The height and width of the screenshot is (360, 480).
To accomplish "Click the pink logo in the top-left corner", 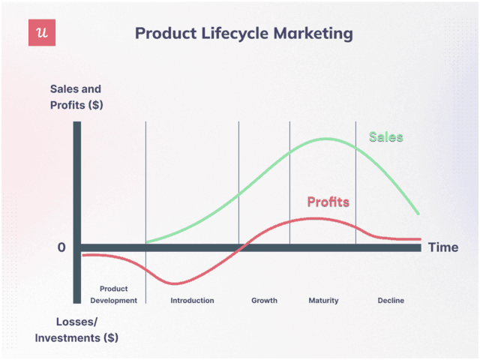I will pyautogui.click(x=43, y=33).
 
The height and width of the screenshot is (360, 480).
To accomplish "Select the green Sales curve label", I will pyautogui.click(x=385, y=137).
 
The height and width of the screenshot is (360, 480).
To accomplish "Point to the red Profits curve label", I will pyautogui.click(x=328, y=202).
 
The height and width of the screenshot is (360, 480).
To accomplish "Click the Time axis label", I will pyautogui.click(x=442, y=247).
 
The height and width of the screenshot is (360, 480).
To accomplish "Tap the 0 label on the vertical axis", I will pyautogui.click(x=61, y=247).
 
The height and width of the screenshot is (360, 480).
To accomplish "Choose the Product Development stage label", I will pyautogui.click(x=113, y=295).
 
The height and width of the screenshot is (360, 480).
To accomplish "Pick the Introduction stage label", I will pyautogui.click(x=192, y=301).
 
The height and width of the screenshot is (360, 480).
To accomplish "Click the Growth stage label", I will pyautogui.click(x=264, y=301).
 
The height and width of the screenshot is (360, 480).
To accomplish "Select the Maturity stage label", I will pyautogui.click(x=323, y=301).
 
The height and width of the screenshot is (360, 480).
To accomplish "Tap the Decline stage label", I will pyautogui.click(x=391, y=301).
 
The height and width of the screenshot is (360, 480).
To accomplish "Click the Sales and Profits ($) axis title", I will pyautogui.click(x=76, y=97).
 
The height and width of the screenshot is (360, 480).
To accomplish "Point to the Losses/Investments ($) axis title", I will pyautogui.click(x=76, y=330).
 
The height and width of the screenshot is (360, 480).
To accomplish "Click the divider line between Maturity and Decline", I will pyautogui.click(x=355, y=187).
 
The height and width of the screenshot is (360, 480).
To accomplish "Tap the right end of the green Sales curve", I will pyautogui.click(x=418, y=214).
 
